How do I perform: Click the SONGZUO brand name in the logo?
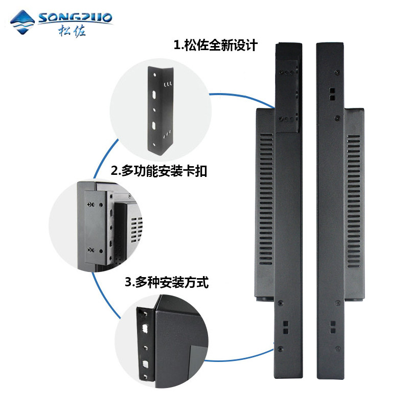click(75, 19)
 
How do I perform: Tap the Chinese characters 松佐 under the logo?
click(72, 31)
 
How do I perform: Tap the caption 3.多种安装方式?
click(167, 282)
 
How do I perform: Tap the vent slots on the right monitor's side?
click(353, 204)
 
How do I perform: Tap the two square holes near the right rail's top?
click(331, 93)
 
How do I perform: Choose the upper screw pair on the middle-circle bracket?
click(92, 205)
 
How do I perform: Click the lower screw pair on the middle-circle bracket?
click(92, 249)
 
